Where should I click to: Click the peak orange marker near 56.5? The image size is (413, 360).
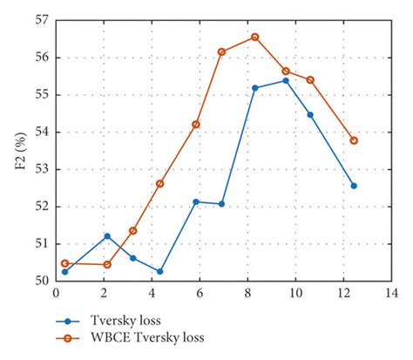click(x=255, y=37)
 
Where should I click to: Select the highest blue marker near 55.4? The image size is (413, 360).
click(x=286, y=81)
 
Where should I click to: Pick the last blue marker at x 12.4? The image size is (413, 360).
click(x=354, y=186)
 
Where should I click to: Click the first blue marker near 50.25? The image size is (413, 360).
click(x=64, y=272)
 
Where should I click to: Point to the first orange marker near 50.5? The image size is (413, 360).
click(x=64, y=263)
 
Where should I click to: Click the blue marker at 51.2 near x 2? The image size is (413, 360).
click(x=107, y=236)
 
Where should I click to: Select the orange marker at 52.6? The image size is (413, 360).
click(x=159, y=184)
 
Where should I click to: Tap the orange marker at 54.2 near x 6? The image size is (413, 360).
click(x=196, y=125)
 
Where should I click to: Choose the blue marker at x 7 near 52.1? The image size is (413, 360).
click(x=221, y=204)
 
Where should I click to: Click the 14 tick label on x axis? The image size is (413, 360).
click(x=391, y=294)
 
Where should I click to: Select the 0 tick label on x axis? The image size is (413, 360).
click(x=56, y=294)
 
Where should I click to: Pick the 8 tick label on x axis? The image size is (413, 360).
click(x=247, y=294)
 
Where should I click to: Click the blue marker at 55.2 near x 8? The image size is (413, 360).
click(x=255, y=88)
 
